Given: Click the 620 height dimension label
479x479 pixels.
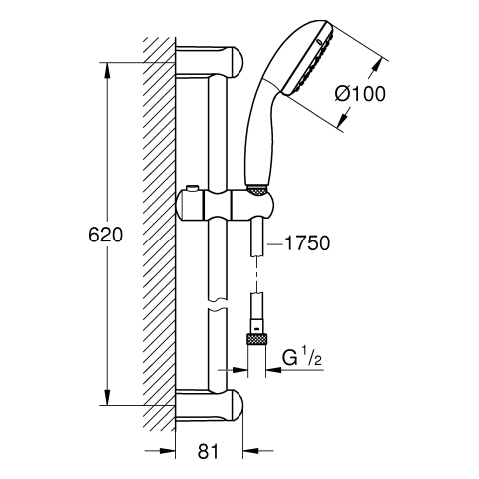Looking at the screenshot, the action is [x=105, y=236].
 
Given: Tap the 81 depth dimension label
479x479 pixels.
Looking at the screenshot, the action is [x=209, y=451].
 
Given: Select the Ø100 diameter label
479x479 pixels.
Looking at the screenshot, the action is [x=360, y=94].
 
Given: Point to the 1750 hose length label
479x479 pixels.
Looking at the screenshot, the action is [x=307, y=242].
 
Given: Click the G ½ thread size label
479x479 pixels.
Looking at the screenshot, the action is [x=302, y=358].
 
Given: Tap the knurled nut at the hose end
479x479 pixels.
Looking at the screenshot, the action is [x=256, y=340].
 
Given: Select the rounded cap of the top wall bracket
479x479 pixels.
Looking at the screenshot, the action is [x=236, y=62].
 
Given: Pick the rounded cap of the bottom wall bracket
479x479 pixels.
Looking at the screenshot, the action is [x=236, y=406].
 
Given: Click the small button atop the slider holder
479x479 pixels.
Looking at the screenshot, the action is [x=193, y=189].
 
